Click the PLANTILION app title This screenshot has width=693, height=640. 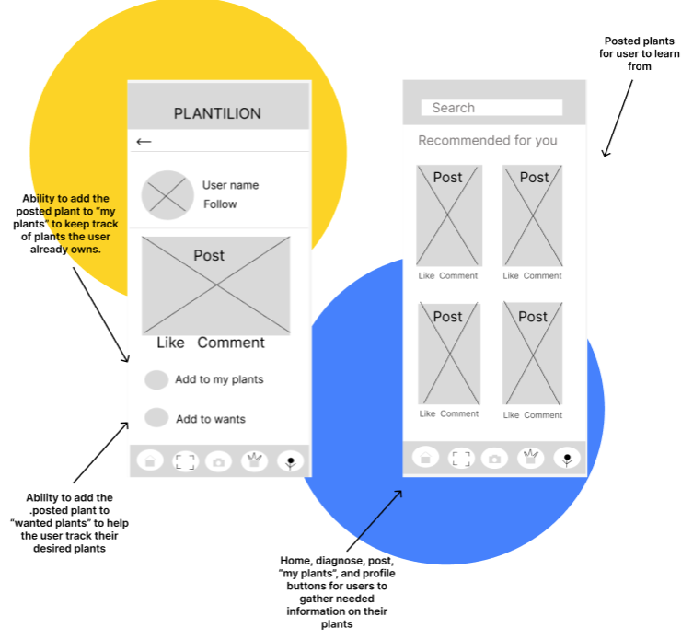point(217,113)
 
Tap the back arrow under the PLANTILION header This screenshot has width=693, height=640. point(144,142)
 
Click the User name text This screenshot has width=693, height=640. point(230,185)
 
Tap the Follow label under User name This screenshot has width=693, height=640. point(220,204)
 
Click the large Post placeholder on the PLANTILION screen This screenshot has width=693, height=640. point(215,285)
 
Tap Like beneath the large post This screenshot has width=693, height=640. point(170,343)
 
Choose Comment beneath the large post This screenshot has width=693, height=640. point(230,343)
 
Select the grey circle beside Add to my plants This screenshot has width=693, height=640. point(156,379)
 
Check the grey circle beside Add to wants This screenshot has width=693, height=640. point(156,418)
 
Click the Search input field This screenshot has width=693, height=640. point(491,108)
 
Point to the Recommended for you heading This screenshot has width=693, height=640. point(488,141)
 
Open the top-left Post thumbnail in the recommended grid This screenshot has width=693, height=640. point(448,215)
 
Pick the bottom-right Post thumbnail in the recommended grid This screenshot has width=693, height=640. point(532,354)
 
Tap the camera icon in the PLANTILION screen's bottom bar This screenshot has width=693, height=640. point(218,460)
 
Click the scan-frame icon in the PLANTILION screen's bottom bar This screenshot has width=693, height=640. point(184,460)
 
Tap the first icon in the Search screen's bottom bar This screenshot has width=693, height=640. point(425,457)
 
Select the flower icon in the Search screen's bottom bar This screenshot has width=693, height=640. point(568,457)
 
